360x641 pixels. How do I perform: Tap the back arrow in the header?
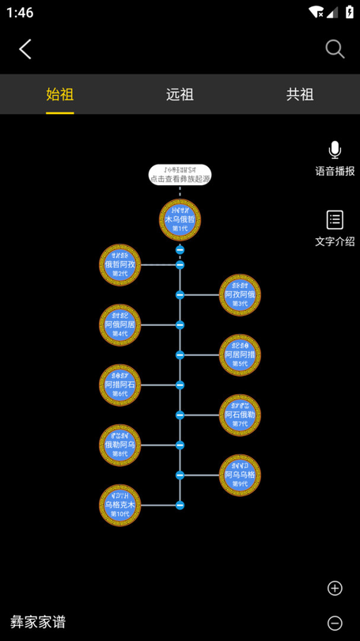click(25, 49)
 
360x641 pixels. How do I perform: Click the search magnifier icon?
click(335, 49)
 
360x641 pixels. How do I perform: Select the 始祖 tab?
click(60, 94)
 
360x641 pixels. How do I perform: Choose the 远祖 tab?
click(180, 94)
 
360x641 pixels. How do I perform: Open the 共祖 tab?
click(300, 94)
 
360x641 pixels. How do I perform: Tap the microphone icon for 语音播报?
click(335, 150)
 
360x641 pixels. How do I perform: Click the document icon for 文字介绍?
click(335, 219)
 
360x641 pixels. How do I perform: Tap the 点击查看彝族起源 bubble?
click(180, 175)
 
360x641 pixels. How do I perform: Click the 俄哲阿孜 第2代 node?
click(120, 264)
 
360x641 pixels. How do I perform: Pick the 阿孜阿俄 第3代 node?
click(240, 294)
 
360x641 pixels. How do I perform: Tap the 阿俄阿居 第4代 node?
click(120, 324)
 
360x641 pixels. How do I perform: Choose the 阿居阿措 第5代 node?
click(240, 355)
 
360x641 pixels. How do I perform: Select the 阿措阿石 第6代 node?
click(120, 385)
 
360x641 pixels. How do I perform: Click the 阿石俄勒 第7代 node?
click(240, 415)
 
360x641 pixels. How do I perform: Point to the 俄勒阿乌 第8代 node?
click(120, 445)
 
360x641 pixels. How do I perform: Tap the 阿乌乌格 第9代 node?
click(240, 475)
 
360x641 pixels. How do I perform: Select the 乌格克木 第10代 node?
click(120, 505)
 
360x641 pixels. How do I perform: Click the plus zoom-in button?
click(335, 588)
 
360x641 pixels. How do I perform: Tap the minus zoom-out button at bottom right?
click(335, 623)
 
